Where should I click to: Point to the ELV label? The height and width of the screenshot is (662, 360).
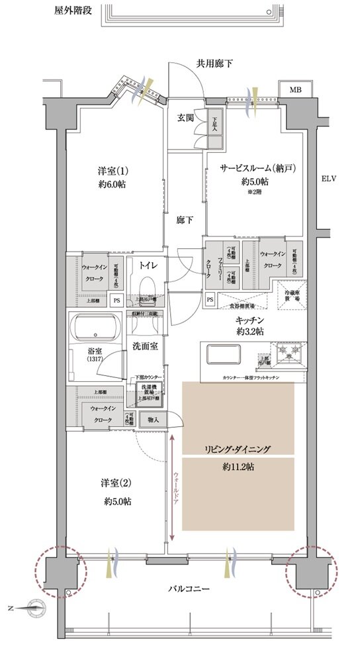click(329, 179)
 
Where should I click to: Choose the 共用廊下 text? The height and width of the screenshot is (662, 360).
click(213, 64)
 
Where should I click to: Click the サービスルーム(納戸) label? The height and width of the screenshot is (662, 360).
click(252, 168)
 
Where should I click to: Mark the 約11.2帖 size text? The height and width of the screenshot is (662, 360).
click(238, 467)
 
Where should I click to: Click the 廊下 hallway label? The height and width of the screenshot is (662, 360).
click(185, 220)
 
